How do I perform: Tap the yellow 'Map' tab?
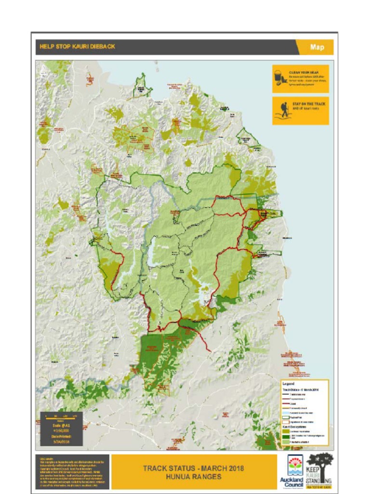317,47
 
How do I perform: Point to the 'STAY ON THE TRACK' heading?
309,104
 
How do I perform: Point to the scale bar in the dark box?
61,417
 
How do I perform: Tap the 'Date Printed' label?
61,436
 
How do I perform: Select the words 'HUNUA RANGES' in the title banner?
193,476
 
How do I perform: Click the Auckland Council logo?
292,471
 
